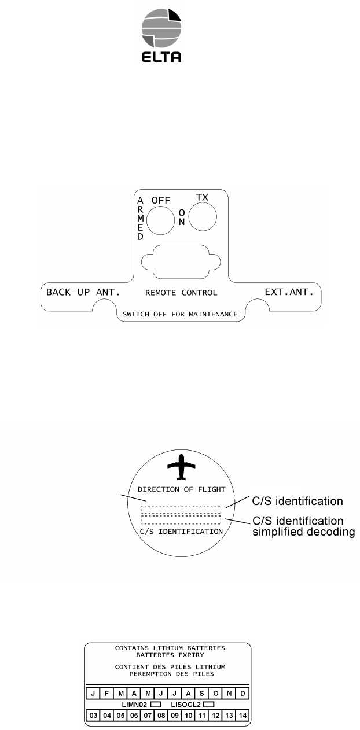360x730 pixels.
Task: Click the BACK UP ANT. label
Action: click(x=83, y=292)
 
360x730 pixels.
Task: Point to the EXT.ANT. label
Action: click(x=289, y=292)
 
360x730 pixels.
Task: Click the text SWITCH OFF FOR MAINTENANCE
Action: click(x=181, y=314)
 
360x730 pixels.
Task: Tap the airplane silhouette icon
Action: click(x=181, y=467)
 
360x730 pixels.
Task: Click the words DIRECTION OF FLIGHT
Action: click(x=181, y=489)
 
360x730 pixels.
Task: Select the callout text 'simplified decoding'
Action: click(x=303, y=532)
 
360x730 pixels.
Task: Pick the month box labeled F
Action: click(x=106, y=694)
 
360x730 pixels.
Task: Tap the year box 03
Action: click(x=93, y=715)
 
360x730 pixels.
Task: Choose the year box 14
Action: click(x=243, y=715)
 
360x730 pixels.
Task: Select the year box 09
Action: click(x=175, y=715)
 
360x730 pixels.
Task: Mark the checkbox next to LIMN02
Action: click(x=155, y=705)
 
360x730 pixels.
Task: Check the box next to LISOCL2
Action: click(x=209, y=705)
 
